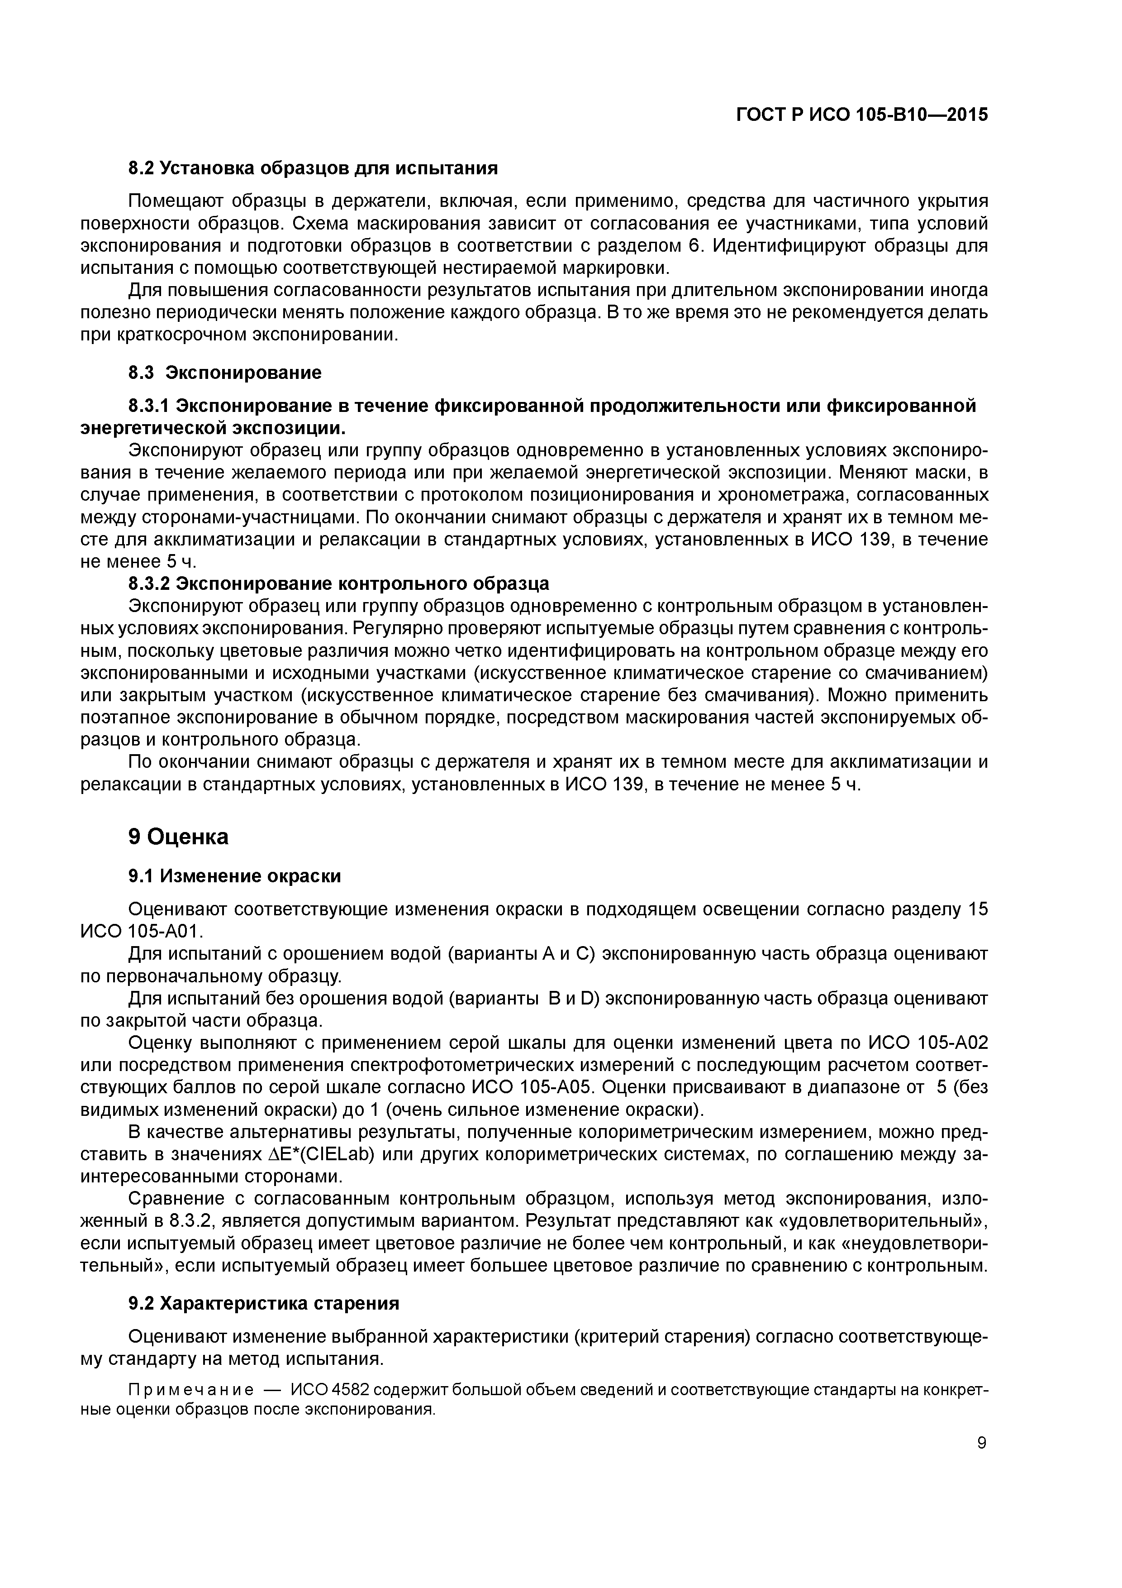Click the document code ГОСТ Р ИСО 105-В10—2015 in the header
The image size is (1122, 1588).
coord(862,115)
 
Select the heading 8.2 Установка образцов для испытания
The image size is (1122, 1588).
coord(313,168)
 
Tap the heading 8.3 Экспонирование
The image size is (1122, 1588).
coord(225,373)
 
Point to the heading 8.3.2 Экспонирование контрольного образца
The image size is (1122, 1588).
coord(339,583)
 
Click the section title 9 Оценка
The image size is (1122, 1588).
coord(178,837)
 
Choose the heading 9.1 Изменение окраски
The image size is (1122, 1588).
coord(234,875)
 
